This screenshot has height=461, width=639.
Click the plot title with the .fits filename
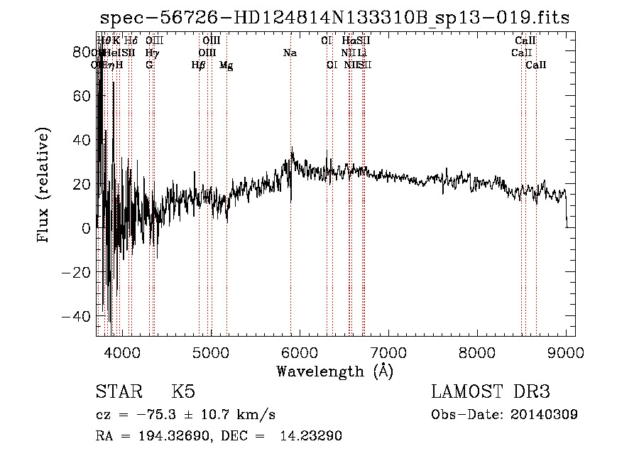coord(334,18)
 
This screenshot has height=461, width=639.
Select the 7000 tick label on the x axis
coord(388,353)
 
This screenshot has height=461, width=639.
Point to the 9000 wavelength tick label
coord(566,353)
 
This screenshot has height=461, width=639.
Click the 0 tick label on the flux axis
coord(86,228)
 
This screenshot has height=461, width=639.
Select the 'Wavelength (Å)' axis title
coord(334,371)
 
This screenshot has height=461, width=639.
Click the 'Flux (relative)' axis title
coord(44,184)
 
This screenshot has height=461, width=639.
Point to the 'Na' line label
coord(290,53)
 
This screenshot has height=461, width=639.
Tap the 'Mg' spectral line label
coord(226,65)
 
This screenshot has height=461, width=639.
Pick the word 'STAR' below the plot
coord(119,392)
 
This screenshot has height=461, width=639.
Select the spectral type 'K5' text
coord(183,392)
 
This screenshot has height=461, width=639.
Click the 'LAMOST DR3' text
coord(491,392)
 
